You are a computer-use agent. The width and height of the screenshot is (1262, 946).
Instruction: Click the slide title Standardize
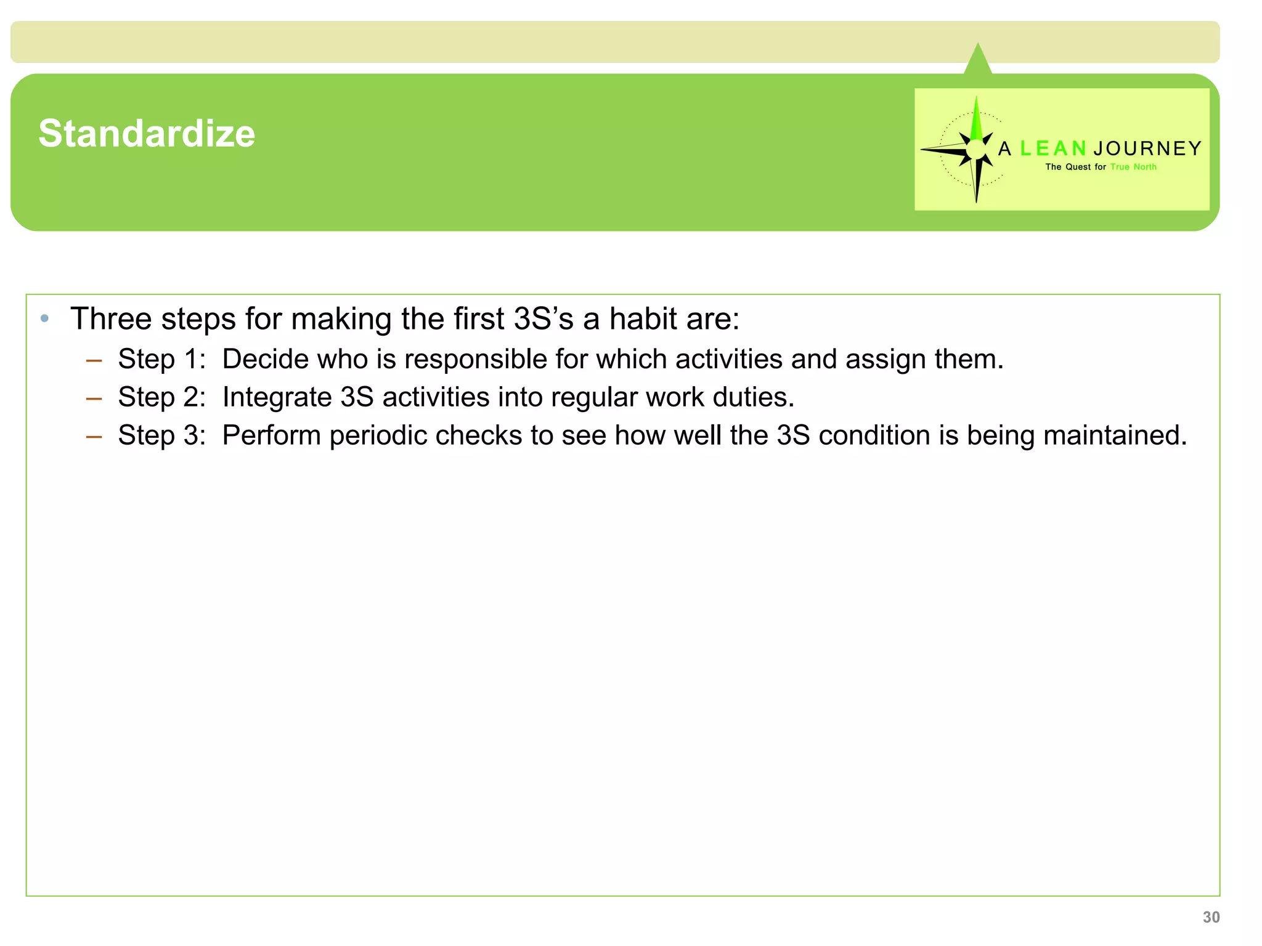[x=147, y=133]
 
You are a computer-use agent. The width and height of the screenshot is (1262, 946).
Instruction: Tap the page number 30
[x=1211, y=917]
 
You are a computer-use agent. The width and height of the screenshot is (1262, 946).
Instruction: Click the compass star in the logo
[x=975, y=149]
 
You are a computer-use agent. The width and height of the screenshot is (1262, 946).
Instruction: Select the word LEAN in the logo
[x=1053, y=148]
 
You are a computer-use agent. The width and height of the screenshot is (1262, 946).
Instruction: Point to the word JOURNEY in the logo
[x=1147, y=148]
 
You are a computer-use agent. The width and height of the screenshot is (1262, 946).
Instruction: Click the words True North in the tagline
[x=1133, y=167]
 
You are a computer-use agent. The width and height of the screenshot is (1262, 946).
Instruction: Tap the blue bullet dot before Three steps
[x=44, y=318]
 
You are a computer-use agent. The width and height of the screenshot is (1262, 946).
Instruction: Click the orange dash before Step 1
[x=94, y=361]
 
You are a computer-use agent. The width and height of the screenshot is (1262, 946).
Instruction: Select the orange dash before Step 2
[x=94, y=399]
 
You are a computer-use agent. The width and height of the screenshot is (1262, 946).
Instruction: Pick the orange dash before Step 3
[x=94, y=437]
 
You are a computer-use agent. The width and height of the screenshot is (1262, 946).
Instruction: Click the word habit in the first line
[x=643, y=319]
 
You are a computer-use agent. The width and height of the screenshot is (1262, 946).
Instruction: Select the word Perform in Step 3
[x=271, y=435]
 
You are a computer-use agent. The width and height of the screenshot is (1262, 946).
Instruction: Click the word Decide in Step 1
[x=265, y=359]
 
